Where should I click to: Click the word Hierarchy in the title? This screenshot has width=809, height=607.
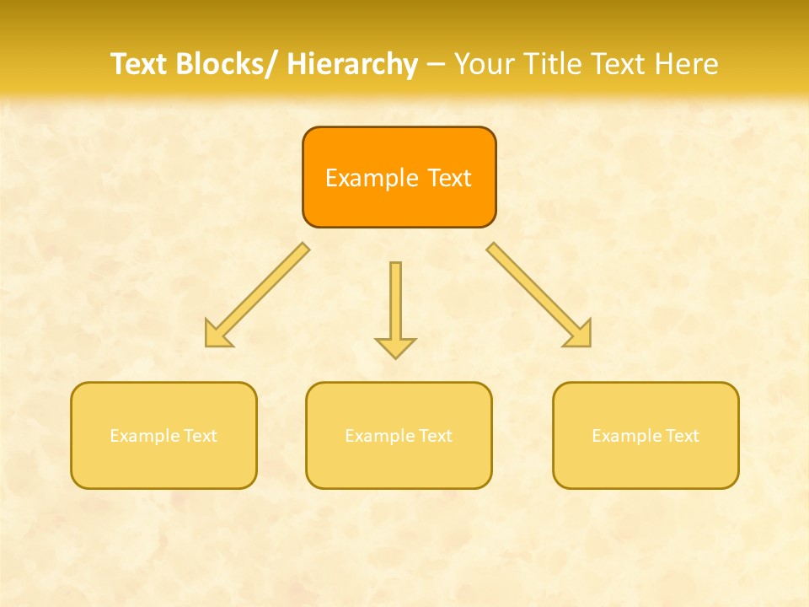(x=352, y=64)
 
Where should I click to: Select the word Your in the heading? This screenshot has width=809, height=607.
(x=483, y=64)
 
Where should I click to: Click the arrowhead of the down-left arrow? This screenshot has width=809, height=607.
(x=217, y=335)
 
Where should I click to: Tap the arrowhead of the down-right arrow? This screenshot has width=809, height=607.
(x=580, y=335)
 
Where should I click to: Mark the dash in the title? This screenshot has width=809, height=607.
(x=437, y=65)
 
